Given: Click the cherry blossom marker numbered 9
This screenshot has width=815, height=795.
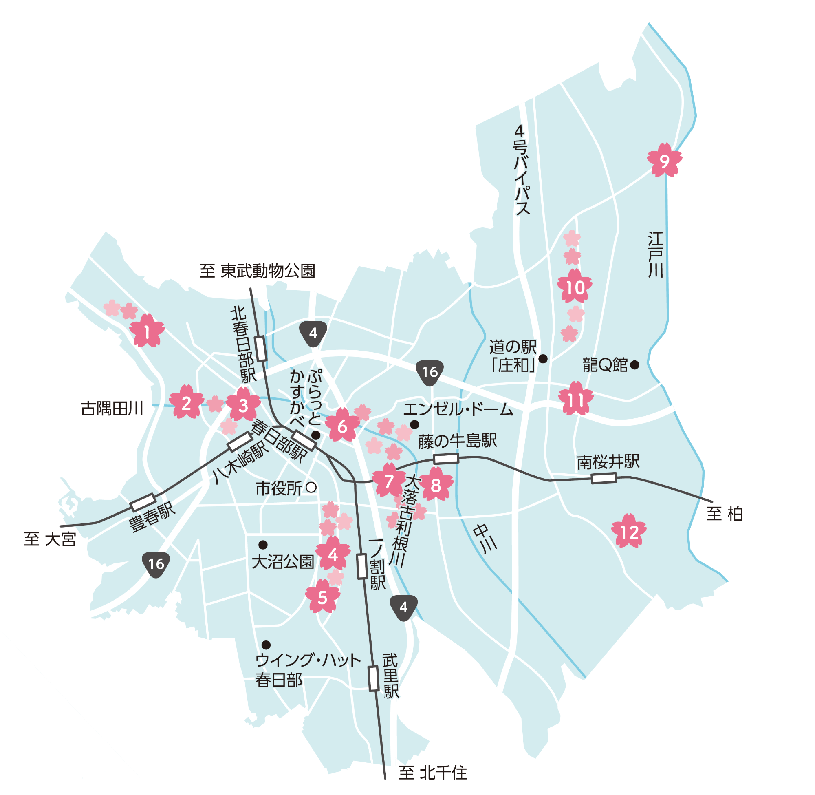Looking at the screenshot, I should coord(664,160).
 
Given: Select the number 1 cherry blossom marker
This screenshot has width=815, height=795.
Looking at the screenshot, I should coord(147,332).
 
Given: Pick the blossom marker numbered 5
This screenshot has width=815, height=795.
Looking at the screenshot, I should coord(322,598).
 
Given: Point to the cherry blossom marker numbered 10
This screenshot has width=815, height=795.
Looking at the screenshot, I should coord(575,287).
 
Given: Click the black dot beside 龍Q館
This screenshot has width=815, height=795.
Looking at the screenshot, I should coord(634,365).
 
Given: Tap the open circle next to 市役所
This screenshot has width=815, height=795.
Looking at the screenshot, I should coord(311,487).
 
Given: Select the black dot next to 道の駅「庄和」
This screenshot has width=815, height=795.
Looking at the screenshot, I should coord(543,359).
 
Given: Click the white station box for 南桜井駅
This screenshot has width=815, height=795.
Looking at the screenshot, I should coord(604,478).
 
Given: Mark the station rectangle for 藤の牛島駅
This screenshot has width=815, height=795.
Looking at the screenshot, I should coord(446,459).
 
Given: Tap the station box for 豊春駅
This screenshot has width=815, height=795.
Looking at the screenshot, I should coord(143,503).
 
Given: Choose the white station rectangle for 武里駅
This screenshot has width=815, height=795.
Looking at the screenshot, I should coord(374,678).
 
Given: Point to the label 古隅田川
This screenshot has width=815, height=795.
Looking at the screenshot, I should coord(112,409).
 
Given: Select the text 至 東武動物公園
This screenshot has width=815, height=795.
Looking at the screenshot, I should coord(257,271).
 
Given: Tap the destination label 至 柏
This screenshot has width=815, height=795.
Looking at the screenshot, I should coord(725,514).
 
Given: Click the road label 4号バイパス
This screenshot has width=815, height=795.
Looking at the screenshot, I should coord(521,170).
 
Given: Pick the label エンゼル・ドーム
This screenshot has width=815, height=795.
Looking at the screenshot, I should coord(458,410).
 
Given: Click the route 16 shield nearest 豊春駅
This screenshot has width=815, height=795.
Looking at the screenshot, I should coord(156,564).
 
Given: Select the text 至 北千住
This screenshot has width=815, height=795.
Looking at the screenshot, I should coord(433,773).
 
